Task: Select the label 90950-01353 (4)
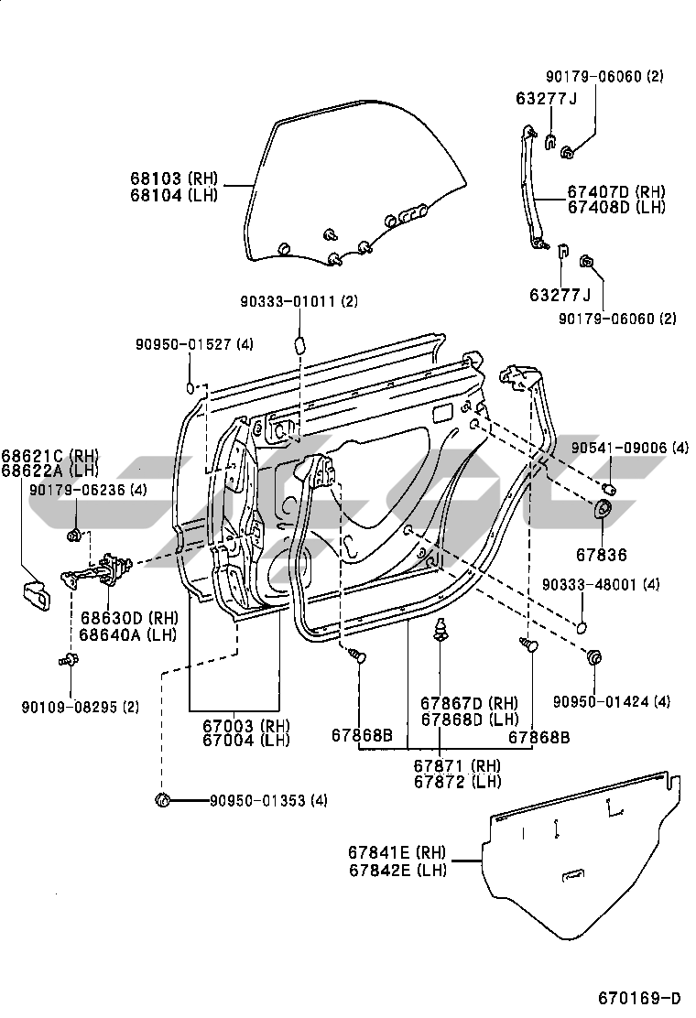268,800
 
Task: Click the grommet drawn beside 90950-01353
164,801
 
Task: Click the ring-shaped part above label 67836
605,511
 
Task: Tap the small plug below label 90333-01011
299,344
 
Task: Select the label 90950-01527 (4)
194,344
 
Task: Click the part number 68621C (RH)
49,456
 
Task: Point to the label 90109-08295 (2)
81,706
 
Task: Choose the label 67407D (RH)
615,192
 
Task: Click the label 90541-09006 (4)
630,448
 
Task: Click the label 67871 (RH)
456,765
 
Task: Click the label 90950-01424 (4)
611,702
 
